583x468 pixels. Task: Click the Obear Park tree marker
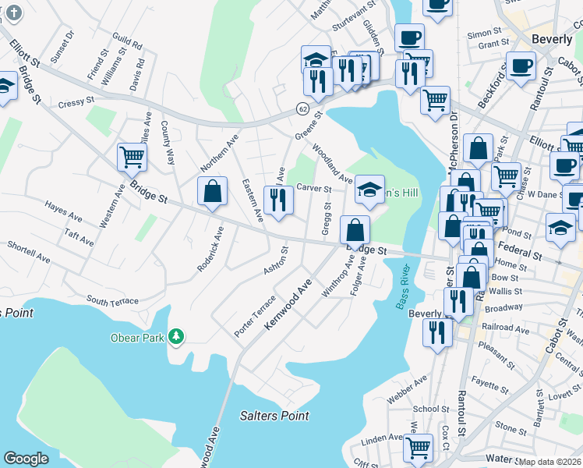pyautogui.click(x=178, y=335)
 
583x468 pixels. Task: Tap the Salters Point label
pyautogui.click(x=270, y=416)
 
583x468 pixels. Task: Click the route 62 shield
pyautogui.click(x=302, y=109)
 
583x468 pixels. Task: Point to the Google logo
pyautogui.click(x=26, y=459)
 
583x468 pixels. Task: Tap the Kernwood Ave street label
pyautogui.click(x=288, y=303)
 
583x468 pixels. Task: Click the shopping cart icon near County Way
pyautogui.click(x=132, y=157)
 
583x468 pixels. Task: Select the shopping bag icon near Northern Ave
pyautogui.click(x=212, y=192)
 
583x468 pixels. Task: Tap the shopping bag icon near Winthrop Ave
pyautogui.click(x=355, y=230)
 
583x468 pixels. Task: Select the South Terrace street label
pyautogui.click(x=112, y=301)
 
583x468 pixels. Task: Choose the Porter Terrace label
pyautogui.click(x=255, y=316)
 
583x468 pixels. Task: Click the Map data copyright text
pyautogui.click(x=550, y=462)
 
